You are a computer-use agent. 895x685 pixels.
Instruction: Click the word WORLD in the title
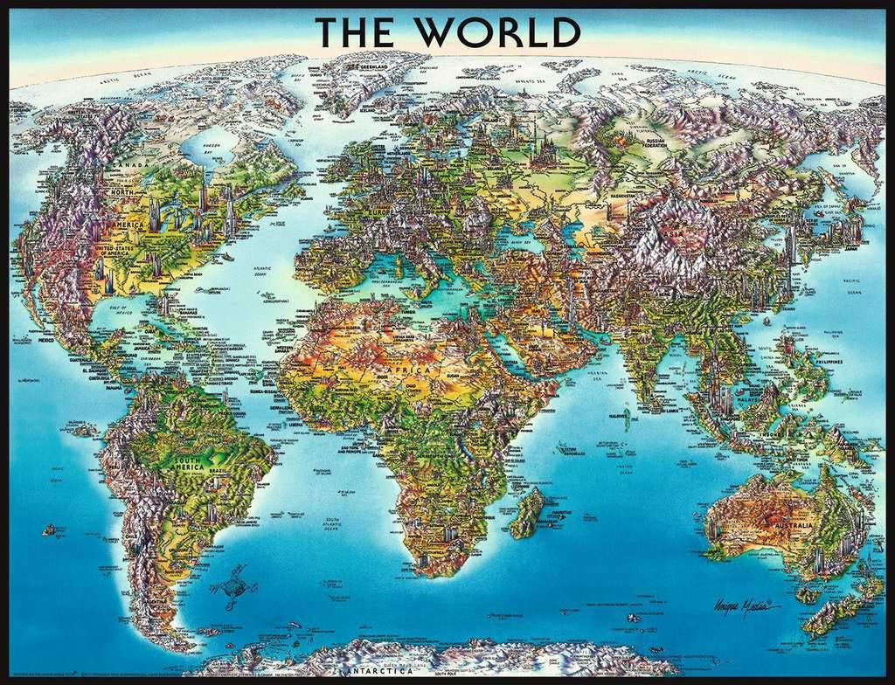(496, 32)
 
